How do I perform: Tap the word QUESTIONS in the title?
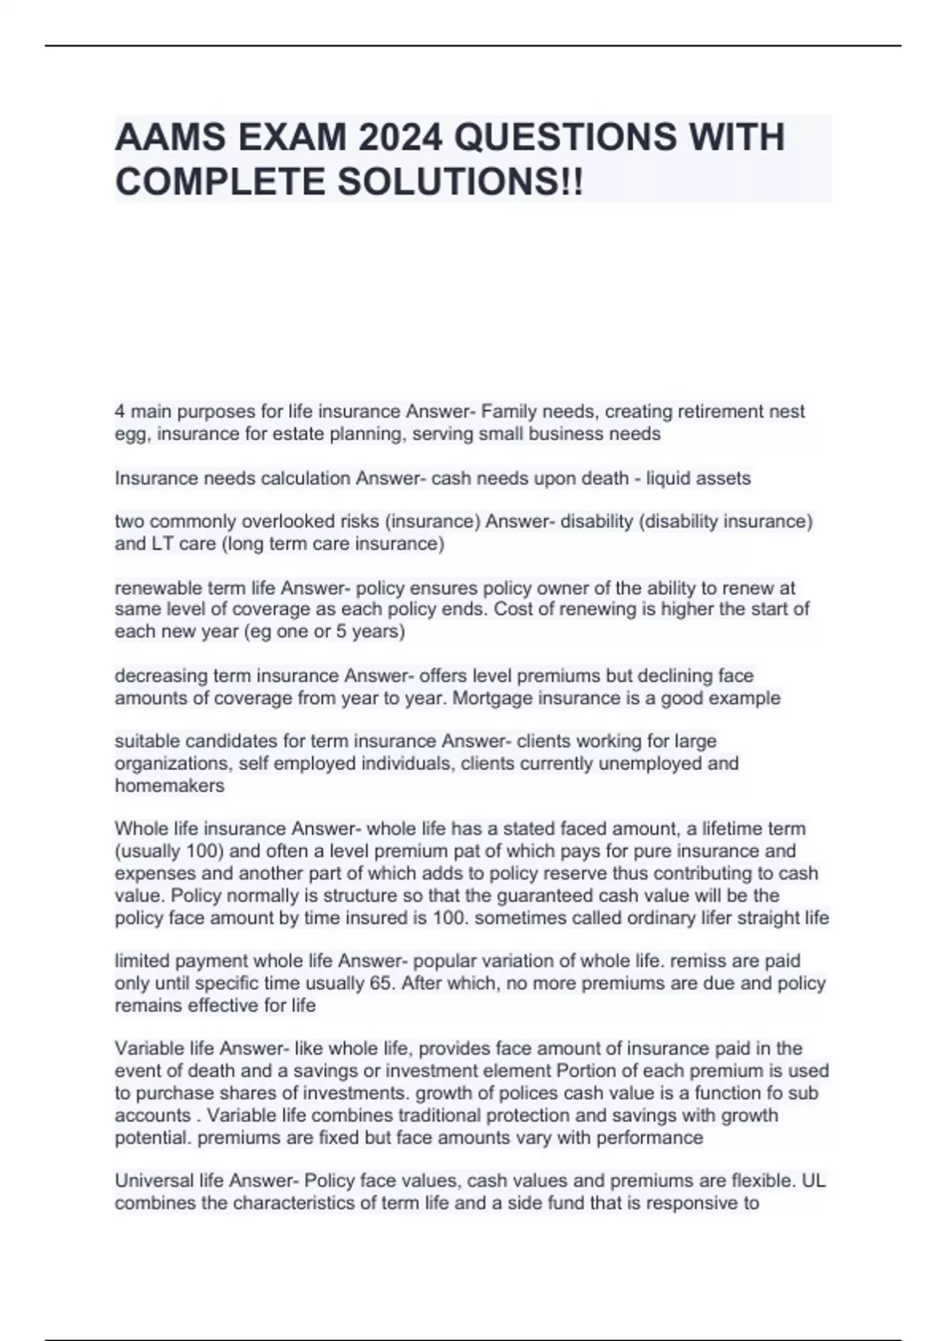coord(566,138)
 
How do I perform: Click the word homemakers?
coord(170,786)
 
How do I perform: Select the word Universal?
coord(154,1181)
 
